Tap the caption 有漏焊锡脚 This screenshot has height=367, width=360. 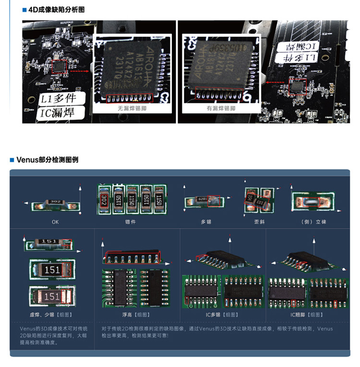[x=221, y=108]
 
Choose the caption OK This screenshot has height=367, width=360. [x=56, y=222]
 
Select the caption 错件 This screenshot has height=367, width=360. [x=131, y=222]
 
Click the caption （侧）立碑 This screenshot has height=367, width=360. [x=314, y=222]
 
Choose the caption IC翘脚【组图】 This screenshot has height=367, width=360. [x=307, y=315]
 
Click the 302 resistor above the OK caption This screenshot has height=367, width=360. [x=55, y=201]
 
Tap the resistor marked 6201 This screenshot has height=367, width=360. [x=203, y=199]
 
